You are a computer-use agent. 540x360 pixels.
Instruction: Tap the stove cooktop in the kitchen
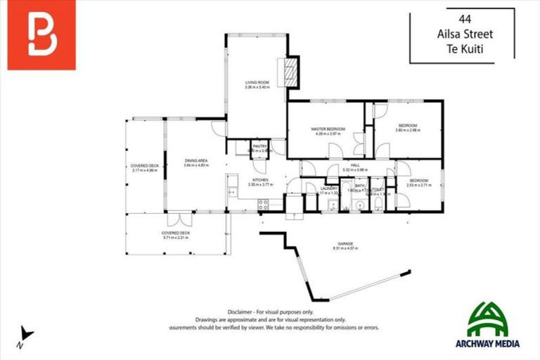[264, 205]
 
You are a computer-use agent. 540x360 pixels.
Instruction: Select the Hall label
[356, 167]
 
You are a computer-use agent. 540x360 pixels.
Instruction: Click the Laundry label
[329, 189]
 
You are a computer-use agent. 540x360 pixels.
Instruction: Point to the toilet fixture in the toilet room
[378, 204]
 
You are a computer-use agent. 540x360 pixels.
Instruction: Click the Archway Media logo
[493, 325]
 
